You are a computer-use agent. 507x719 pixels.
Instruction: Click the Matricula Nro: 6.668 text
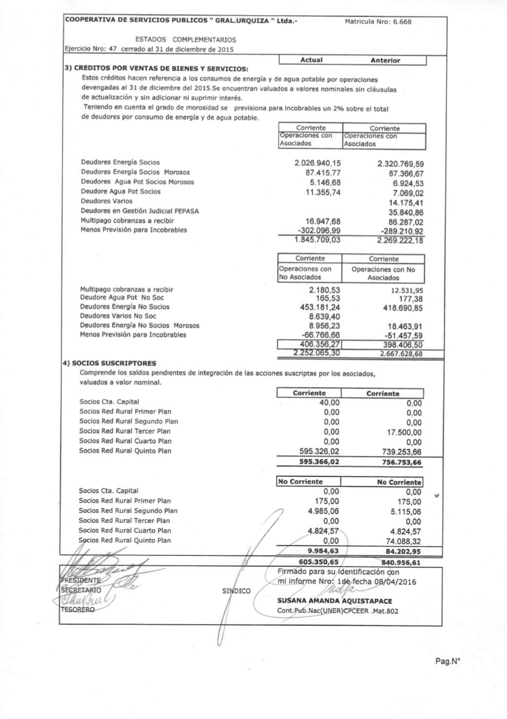(378, 21)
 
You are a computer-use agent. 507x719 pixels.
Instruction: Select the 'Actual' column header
(312, 60)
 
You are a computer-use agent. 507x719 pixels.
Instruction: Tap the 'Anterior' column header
(385, 61)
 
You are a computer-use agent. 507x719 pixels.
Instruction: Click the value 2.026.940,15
(318, 163)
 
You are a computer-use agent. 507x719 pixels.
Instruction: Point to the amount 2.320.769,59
(400, 164)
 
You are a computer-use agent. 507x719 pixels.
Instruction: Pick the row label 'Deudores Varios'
(107, 201)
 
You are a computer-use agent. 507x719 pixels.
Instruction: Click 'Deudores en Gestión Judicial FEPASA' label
(140, 211)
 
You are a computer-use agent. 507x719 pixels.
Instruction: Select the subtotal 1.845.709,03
(317, 240)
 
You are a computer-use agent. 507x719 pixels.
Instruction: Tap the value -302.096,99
(319, 230)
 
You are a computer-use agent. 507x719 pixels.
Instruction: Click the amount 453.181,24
(320, 307)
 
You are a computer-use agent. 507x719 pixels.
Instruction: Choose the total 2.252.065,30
(317, 353)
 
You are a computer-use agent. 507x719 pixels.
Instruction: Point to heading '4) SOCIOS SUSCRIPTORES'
(111, 363)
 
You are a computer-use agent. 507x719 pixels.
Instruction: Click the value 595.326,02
(319, 452)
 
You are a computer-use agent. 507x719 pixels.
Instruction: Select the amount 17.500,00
(404, 432)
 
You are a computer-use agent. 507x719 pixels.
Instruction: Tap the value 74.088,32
(403, 541)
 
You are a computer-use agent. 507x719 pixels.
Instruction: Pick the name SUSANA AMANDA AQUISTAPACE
(334, 601)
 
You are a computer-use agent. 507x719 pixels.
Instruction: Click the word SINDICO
(236, 591)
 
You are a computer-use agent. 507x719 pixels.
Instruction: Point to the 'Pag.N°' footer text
(448, 662)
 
